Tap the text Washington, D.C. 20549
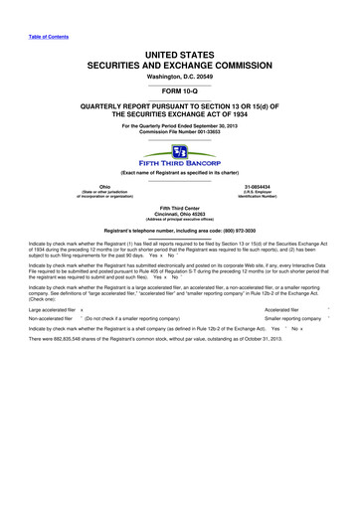[179, 76]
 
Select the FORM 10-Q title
[179, 91]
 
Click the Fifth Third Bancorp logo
[179, 156]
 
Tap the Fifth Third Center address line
[179, 209]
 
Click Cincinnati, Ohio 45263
[179, 215]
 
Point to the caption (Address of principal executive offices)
[179, 221]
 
